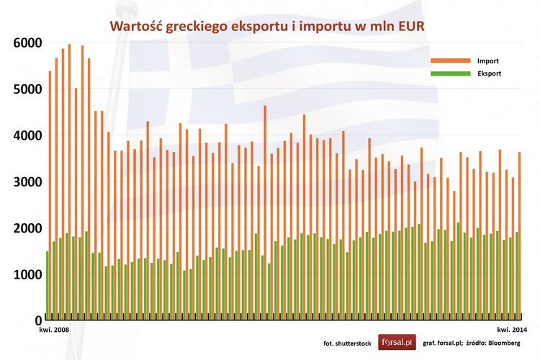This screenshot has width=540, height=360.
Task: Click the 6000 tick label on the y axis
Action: coord(27,43)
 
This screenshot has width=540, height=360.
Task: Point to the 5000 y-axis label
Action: coord(27,89)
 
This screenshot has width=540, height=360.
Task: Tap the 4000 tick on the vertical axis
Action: coord(27,135)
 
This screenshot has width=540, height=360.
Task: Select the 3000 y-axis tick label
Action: coord(27,181)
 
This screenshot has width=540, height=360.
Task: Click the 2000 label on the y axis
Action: coord(27,228)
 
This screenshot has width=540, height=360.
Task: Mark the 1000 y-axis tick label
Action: coord(27,274)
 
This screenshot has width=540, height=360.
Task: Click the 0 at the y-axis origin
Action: coord(37,320)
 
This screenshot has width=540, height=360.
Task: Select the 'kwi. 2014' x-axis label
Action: coord(512,328)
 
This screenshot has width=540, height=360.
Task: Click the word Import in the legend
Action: coord(487,61)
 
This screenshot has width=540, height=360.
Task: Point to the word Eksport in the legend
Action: coord(489,73)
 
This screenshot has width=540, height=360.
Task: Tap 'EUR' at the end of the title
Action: coord(409,27)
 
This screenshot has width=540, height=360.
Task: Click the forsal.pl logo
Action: coord(397,343)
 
